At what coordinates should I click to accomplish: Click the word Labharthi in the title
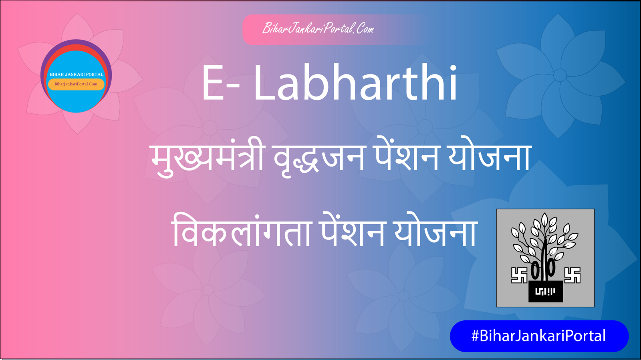coord(355,83)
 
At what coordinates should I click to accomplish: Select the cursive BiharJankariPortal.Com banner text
coord(318,28)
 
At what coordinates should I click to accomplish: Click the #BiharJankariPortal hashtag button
coord(539,336)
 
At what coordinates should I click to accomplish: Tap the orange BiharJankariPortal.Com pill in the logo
coord(76,84)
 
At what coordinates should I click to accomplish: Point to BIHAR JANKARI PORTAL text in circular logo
coord(77,74)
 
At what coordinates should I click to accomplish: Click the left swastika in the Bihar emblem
coord(519,276)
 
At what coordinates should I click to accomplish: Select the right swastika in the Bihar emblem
coord(572,276)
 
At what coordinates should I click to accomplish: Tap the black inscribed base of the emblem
coord(545,291)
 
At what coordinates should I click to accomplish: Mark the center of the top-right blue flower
coord(560,75)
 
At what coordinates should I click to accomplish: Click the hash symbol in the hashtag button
coord(475,336)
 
